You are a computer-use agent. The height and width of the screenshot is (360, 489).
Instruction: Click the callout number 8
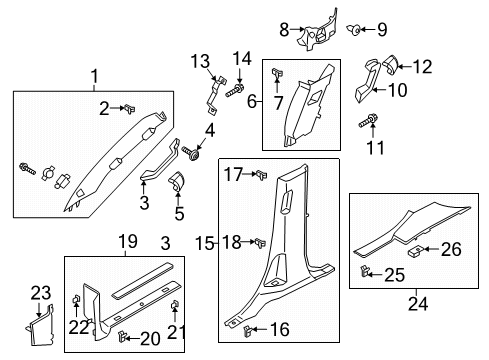284,29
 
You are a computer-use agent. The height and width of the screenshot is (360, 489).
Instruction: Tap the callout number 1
95,76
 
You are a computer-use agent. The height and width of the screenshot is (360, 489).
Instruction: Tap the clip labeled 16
244,327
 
